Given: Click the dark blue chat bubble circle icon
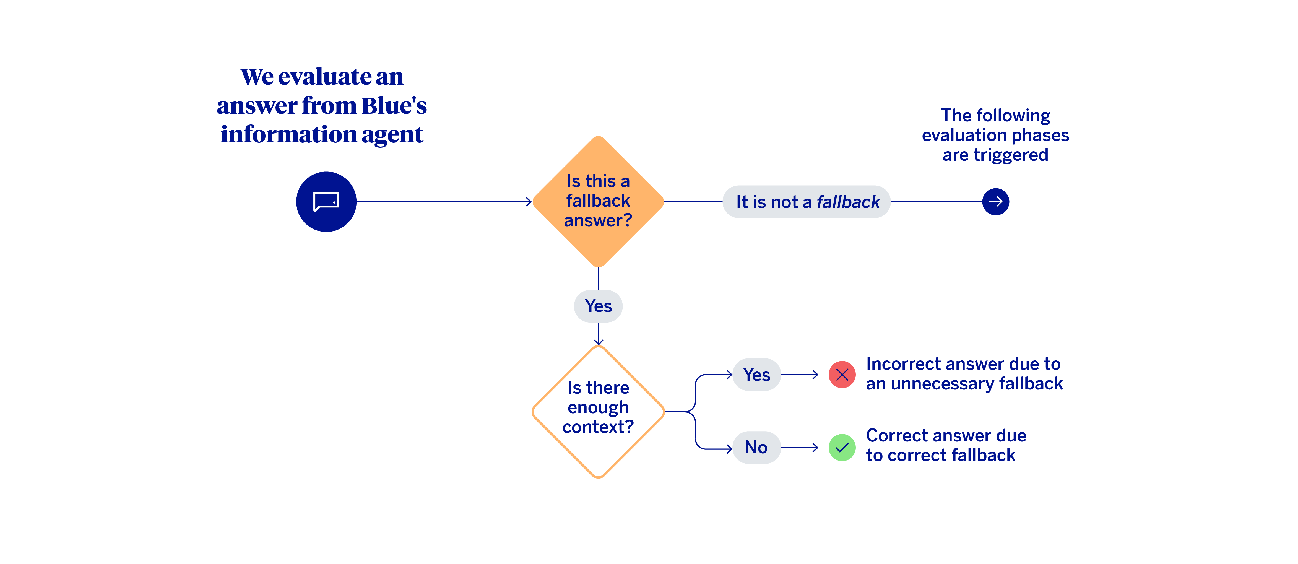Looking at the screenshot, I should click(326, 202).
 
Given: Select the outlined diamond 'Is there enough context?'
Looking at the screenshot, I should click(598, 411).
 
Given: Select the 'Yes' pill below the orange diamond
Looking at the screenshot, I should click(598, 306).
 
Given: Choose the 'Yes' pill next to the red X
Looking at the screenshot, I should click(756, 375).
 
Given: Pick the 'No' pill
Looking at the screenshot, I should click(756, 447).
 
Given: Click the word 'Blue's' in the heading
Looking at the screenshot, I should click(394, 106).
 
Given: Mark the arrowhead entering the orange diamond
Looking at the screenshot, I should click(529, 202).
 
